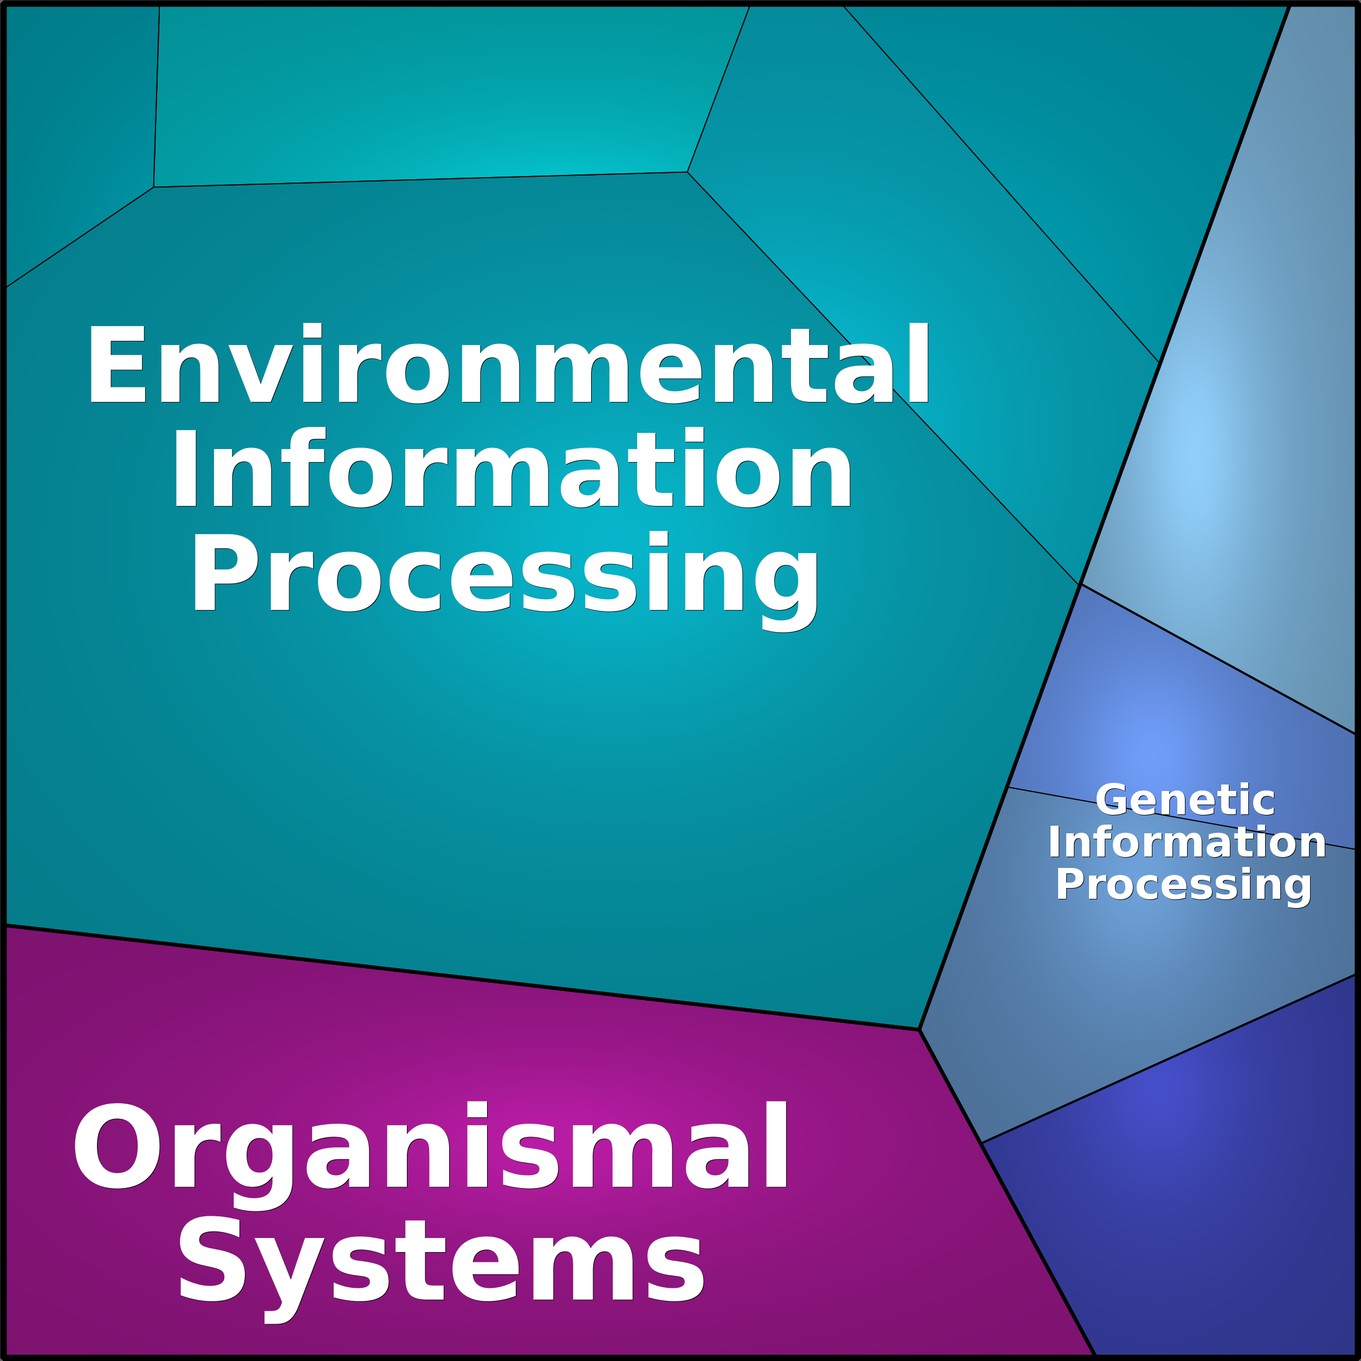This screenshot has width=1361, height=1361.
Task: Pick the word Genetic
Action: (x=1185, y=800)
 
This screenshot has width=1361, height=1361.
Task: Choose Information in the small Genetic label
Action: (x=1187, y=842)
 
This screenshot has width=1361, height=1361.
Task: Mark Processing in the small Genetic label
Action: (x=1183, y=885)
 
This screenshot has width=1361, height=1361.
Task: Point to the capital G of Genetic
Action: (x=1111, y=800)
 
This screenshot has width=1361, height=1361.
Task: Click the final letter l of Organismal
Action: (x=777, y=1145)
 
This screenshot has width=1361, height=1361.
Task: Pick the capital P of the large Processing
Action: (x=224, y=572)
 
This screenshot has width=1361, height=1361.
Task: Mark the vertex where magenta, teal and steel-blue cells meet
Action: (x=920, y=1030)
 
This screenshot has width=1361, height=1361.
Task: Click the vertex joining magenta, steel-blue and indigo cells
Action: (x=981, y=1143)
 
